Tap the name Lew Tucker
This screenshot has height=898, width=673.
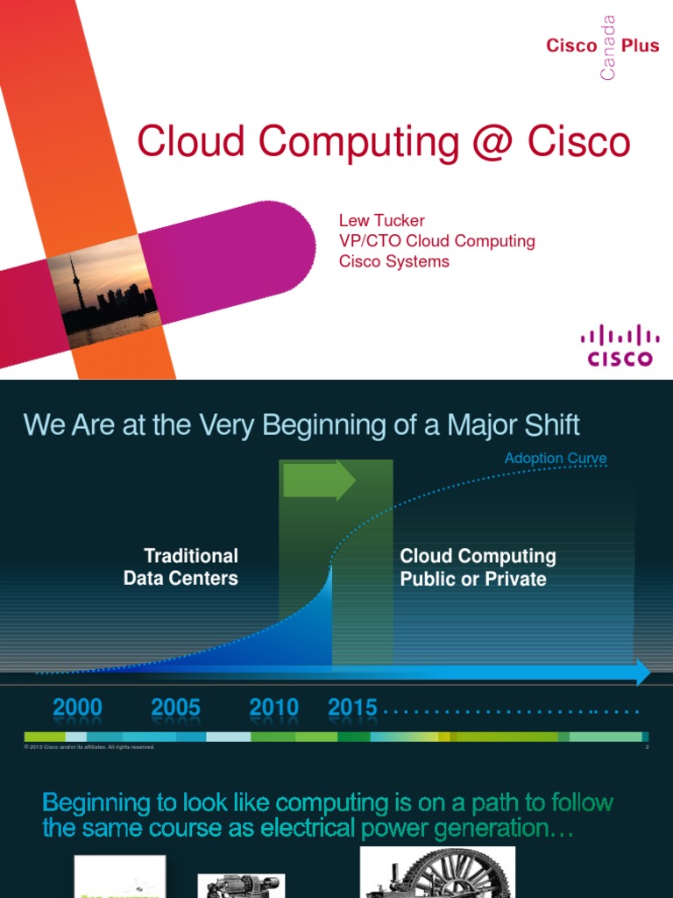click(x=381, y=220)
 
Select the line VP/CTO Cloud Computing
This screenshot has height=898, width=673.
click(x=436, y=241)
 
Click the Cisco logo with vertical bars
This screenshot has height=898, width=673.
click(x=620, y=345)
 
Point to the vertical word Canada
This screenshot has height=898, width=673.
click(x=608, y=48)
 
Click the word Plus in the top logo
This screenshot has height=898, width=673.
click(x=640, y=46)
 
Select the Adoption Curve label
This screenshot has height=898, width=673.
click(x=556, y=459)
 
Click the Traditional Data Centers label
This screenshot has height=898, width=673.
click(x=181, y=567)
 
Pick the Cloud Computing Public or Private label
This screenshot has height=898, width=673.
click(x=478, y=567)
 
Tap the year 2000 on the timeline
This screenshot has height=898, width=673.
click(x=77, y=708)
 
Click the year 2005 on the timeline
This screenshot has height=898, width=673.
click(x=175, y=708)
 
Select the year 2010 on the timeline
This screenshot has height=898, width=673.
click(x=273, y=708)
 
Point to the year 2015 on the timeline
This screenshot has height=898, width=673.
click(x=352, y=708)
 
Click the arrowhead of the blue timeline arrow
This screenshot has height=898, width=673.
click(x=643, y=673)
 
